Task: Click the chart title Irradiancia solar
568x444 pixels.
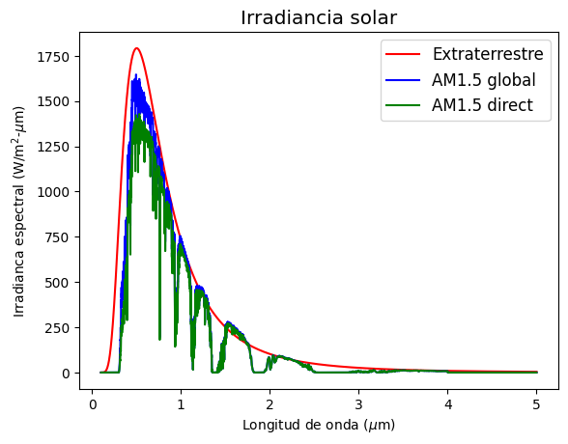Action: [319, 17]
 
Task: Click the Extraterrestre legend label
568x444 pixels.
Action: [488, 54]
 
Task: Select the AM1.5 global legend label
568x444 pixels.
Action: [484, 79]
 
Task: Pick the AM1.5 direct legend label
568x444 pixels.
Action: [482, 105]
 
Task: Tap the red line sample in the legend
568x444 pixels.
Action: [403, 54]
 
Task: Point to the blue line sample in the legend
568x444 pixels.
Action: [403, 80]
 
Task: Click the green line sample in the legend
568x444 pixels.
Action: [403, 105]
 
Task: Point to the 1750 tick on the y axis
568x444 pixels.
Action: [53, 57]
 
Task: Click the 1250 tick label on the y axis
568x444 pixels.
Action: [53, 147]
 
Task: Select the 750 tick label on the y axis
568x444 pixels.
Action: [57, 237]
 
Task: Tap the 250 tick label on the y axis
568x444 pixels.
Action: [57, 328]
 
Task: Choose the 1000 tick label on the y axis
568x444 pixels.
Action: [53, 192]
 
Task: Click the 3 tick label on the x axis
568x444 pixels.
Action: [358, 404]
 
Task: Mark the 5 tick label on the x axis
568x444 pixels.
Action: [536, 404]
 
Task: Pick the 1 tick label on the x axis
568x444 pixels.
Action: [181, 404]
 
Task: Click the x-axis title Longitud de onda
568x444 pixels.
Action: [319, 425]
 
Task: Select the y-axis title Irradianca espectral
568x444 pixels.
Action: [18, 211]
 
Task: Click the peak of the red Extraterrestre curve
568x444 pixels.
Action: [136, 47]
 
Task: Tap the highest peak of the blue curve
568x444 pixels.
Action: [136, 74]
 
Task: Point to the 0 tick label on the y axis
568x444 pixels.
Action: [66, 374]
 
